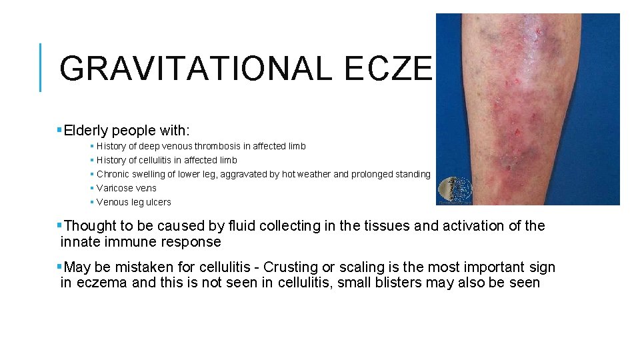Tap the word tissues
coord(386,226)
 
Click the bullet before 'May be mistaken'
coord(60,267)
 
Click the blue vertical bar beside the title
coord(41,67)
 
